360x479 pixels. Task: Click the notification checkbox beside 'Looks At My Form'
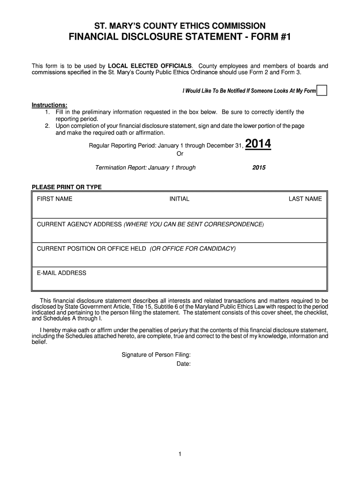pos(322,90)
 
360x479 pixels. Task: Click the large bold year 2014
pos(258,145)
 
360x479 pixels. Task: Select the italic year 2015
pos(259,167)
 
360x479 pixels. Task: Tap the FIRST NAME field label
pos(55,199)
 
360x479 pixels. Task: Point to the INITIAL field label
pos(180,199)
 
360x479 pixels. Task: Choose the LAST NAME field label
pos(305,199)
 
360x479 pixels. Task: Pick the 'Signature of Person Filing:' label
pos(156,355)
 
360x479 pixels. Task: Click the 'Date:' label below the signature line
pos(183,363)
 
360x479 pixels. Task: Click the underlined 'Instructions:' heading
pos(50,104)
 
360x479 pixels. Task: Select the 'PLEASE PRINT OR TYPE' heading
pos(66,187)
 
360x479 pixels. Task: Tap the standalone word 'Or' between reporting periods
pos(180,154)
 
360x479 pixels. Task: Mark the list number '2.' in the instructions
pos(48,126)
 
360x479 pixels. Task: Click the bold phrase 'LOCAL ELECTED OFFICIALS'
pos(150,65)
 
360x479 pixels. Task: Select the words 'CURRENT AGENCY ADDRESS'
pos(79,224)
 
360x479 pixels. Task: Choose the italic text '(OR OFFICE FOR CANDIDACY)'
pos(193,248)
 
